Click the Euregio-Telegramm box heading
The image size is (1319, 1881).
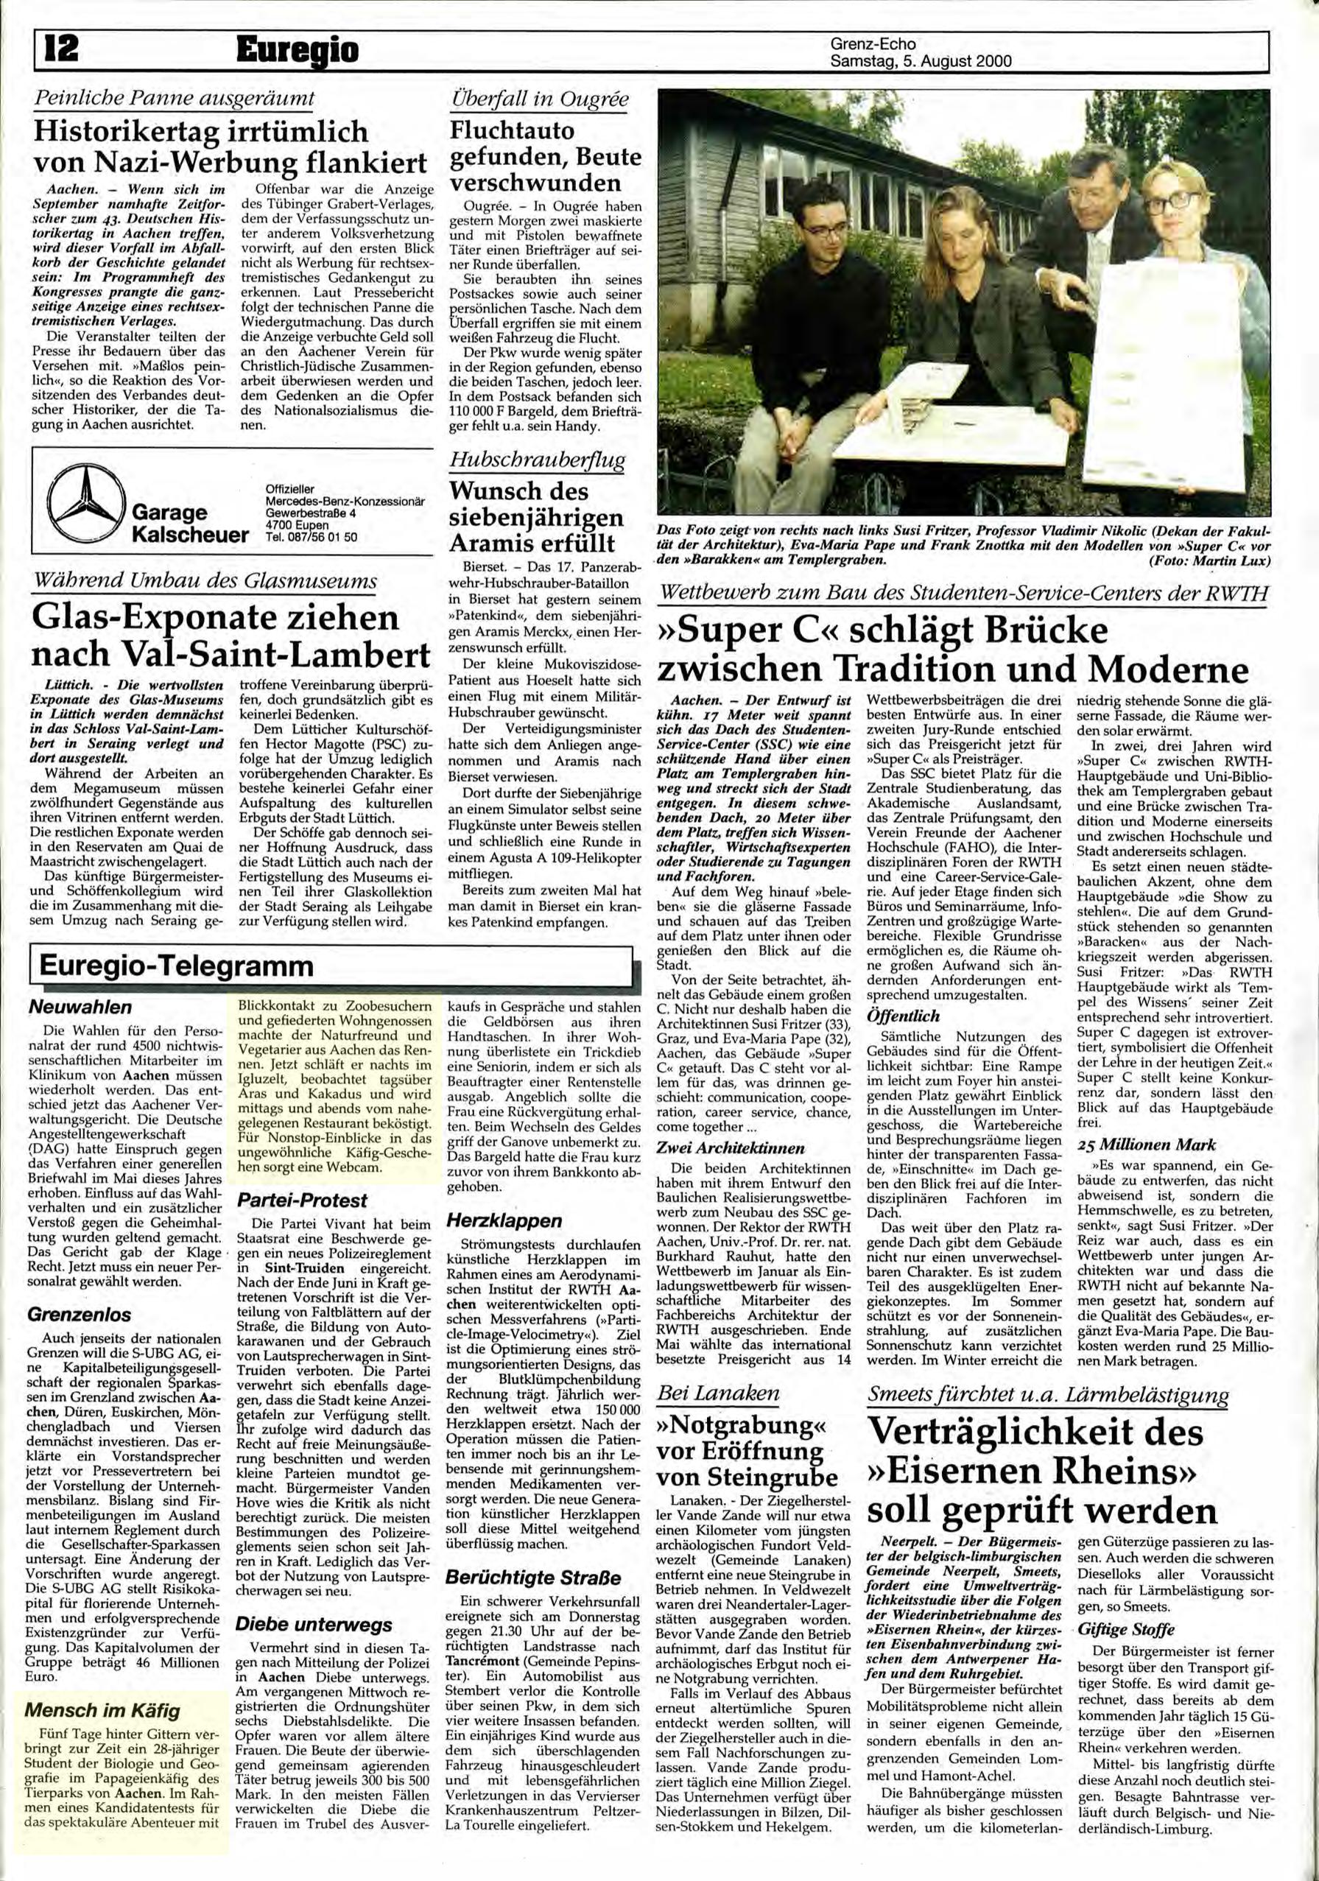click(x=176, y=965)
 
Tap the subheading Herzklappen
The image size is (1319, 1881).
click(x=504, y=1220)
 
